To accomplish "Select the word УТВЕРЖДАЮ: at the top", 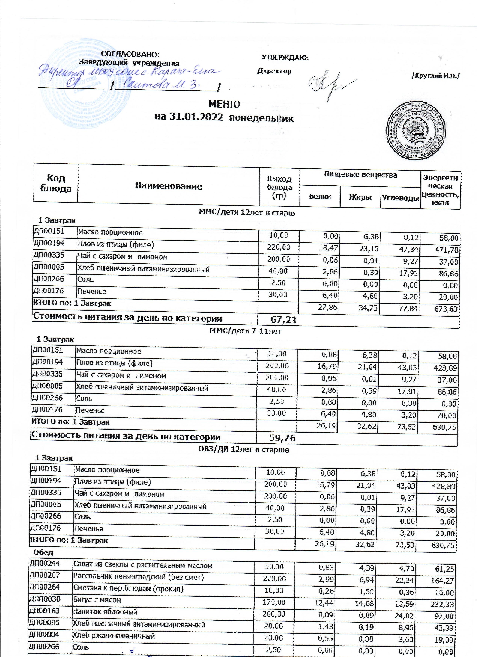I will click(285, 58).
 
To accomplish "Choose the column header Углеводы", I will click(400, 198).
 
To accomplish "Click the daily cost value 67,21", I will click(283, 320).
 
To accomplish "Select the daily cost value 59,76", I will click(282, 438).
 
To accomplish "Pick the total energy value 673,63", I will click(446, 309).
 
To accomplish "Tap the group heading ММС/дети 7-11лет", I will click(245, 331).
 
